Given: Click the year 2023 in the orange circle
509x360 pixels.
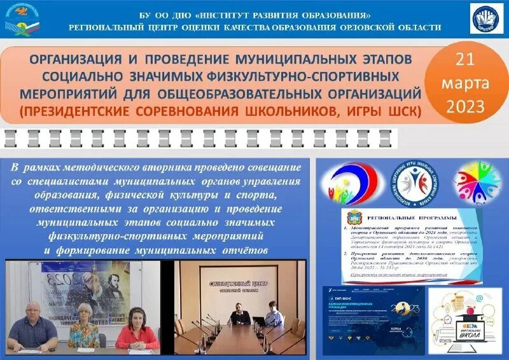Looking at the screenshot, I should (x=466, y=106).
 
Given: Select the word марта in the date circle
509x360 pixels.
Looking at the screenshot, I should (x=466, y=83).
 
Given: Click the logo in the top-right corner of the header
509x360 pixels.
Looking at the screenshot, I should (x=486, y=18).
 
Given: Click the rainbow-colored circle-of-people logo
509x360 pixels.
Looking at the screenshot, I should (x=477, y=182).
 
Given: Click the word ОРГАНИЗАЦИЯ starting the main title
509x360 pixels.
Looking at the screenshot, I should (x=76, y=59).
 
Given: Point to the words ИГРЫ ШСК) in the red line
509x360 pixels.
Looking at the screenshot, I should (x=387, y=112).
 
